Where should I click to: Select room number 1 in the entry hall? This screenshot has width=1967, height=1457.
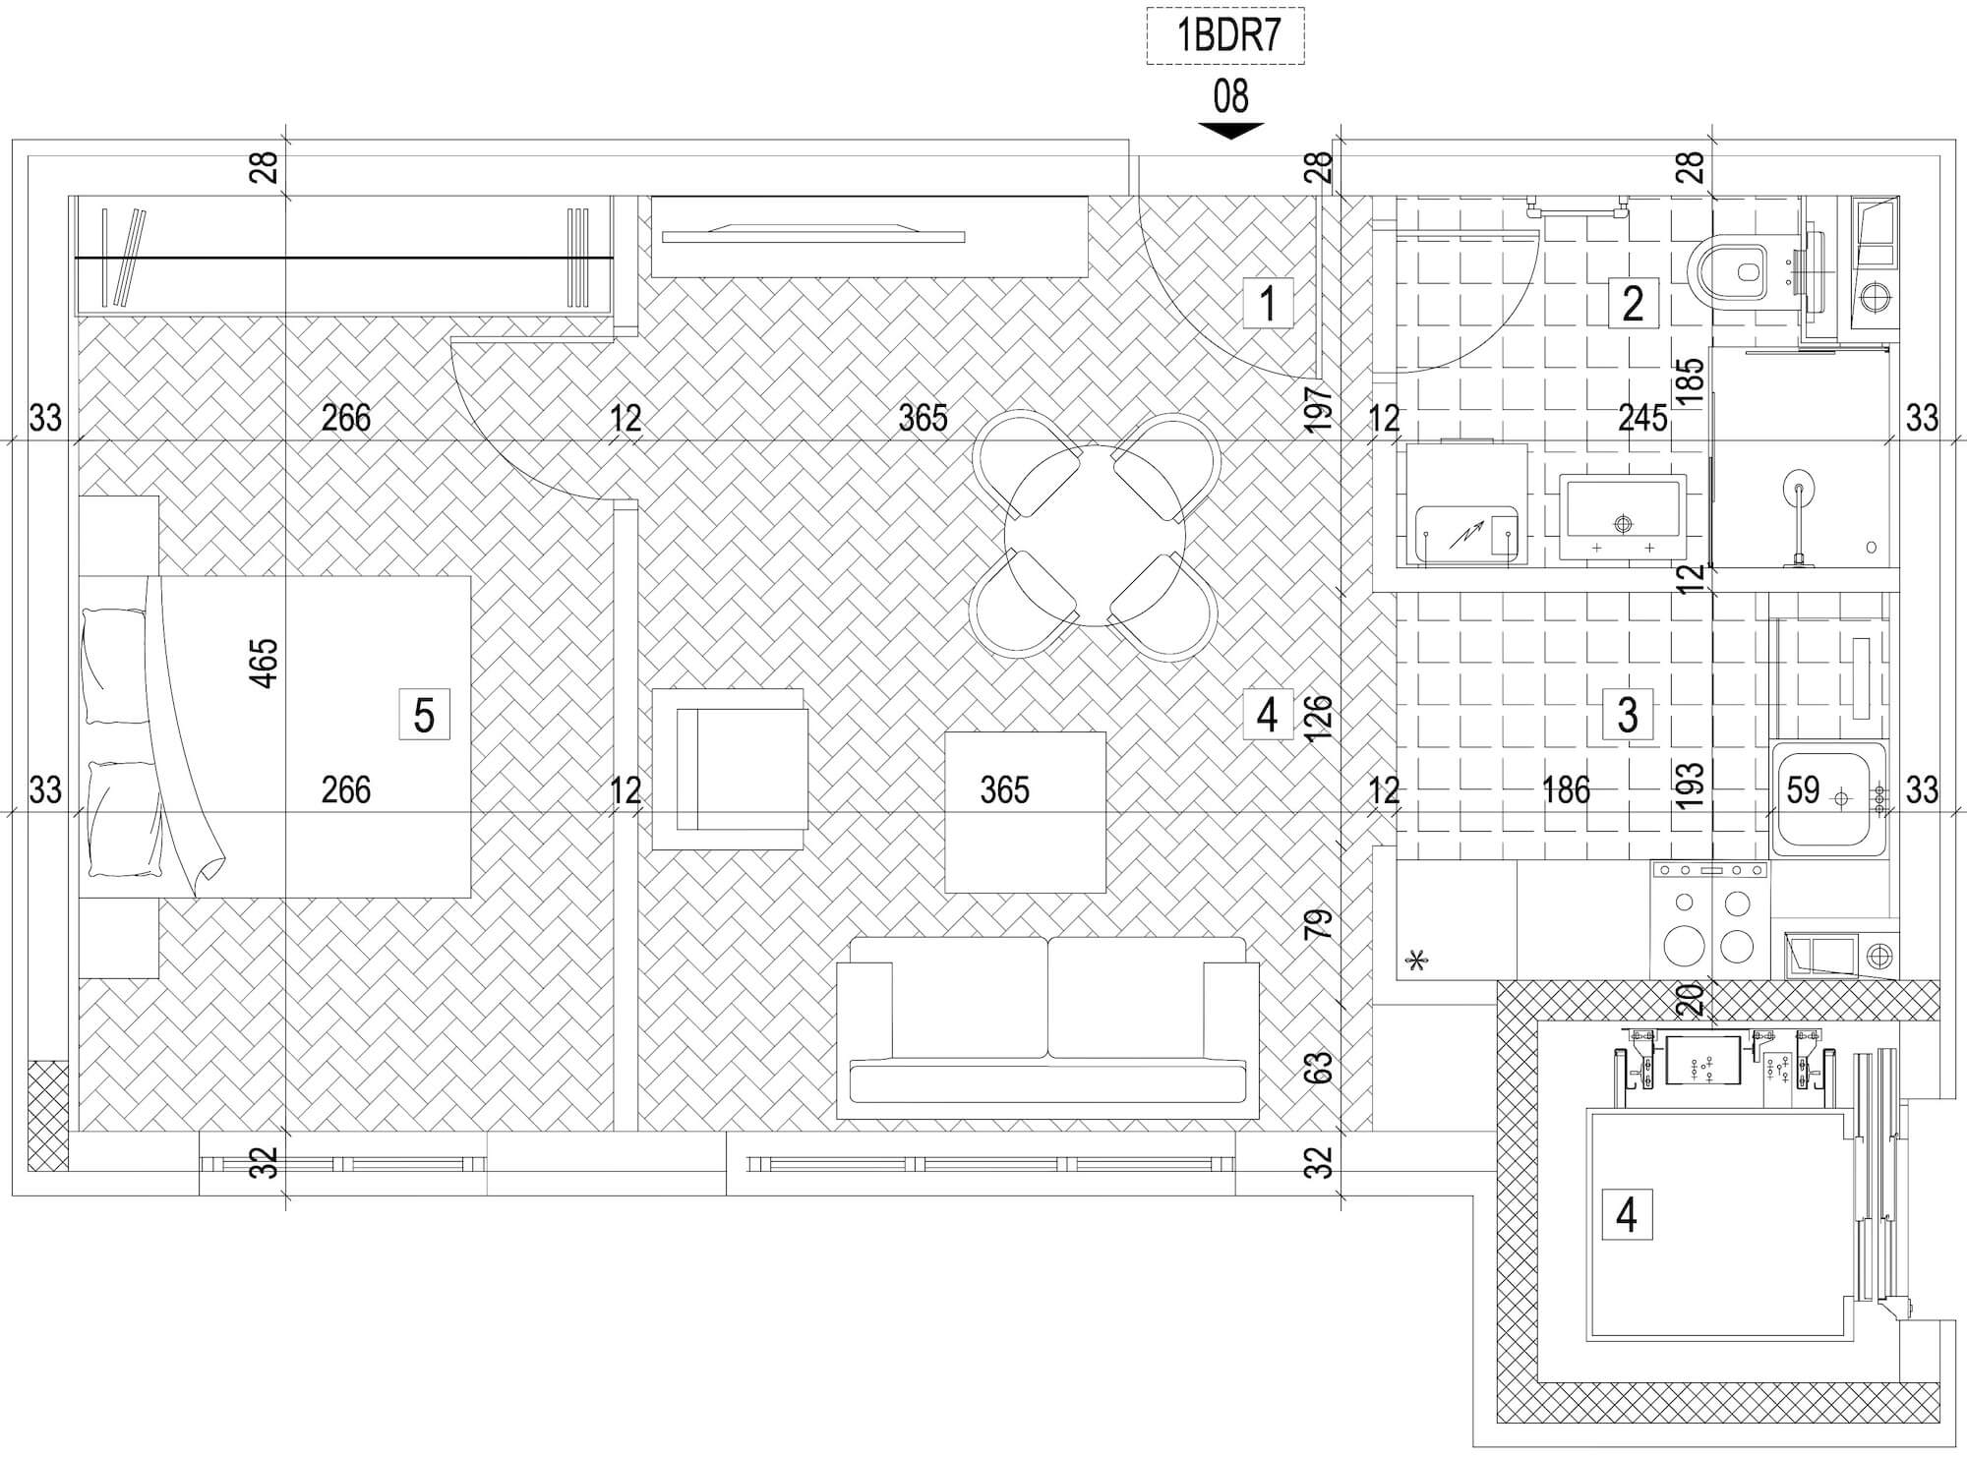(x=1268, y=303)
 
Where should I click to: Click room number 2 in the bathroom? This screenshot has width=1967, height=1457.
(x=1633, y=303)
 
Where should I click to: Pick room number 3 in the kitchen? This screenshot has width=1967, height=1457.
(x=1627, y=715)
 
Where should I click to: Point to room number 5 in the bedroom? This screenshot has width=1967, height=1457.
(x=424, y=715)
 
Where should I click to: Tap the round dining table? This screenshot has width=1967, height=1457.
(x=1095, y=536)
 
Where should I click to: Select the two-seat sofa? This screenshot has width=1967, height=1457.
(x=1047, y=1027)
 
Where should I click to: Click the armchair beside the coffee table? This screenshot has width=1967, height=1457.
(x=729, y=769)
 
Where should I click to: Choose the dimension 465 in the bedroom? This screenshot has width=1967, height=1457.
(x=266, y=664)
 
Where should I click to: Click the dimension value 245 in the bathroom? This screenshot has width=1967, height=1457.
(x=1643, y=418)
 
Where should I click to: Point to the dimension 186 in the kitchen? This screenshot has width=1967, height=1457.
(x=1566, y=789)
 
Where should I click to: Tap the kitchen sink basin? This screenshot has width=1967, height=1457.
(x=1829, y=800)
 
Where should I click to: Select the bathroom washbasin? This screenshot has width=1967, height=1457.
(x=1623, y=517)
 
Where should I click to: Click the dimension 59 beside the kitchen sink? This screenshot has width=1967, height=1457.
(x=1803, y=789)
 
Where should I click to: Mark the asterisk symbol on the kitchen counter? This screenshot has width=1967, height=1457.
(x=1417, y=960)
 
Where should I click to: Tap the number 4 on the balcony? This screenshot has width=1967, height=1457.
(x=1627, y=1214)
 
